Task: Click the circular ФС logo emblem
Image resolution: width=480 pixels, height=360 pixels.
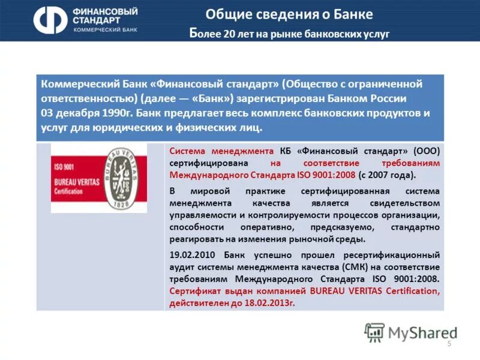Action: point(50,21)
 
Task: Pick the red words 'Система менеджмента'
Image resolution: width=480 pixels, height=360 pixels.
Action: point(221,150)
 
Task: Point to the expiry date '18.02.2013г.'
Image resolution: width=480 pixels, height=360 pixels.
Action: point(268,303)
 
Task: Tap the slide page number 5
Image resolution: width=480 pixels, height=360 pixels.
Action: point(449,343)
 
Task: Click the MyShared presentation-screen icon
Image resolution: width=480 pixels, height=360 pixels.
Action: point(375,332)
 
